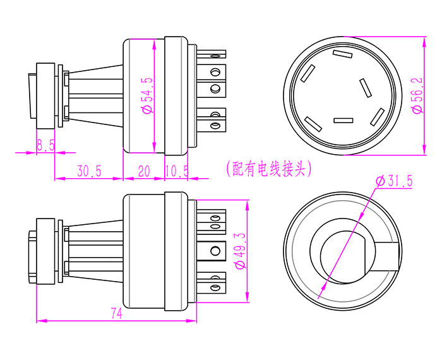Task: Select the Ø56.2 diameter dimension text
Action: [x=417, y=95]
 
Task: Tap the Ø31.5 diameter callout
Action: [x=394, y=181]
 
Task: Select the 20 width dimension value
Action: [x=144, y=171]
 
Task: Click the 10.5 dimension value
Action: [x=177, y=171]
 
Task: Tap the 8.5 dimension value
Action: [x=45, y=145]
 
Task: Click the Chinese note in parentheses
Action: [x=268, y=169]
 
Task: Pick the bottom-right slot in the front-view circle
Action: [x=378, y=116]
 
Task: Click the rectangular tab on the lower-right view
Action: [x=386, y=255]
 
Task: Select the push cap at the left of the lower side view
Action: [x=31, y=258]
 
